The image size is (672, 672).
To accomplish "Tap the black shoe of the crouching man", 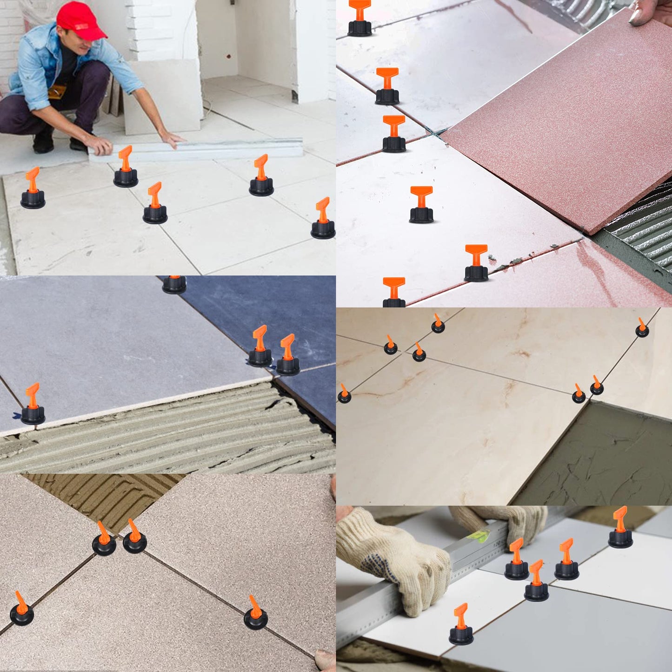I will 43,143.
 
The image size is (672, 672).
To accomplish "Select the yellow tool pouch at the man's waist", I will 57,92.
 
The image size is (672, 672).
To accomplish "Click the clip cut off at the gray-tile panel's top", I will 174,284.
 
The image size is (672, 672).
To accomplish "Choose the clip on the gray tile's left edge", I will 33,405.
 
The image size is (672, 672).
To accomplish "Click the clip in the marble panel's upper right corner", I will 642,328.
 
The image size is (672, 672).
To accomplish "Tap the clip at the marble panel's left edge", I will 344,394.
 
